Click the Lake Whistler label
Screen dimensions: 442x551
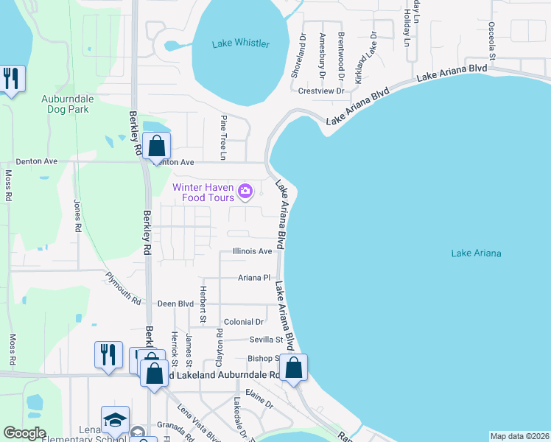pyautogui.click(x=241, y=43)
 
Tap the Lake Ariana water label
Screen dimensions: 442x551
pyautogui.click(x=476, y=253)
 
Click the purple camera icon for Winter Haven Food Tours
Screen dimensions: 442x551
pyautogui.click(x=245, y=192)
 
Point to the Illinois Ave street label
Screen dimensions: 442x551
pyautogui.click(x=253, y=251)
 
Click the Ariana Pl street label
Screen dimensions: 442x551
pyautogui.click(x=254, y=278)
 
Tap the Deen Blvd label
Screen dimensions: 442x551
pyautogui.click(x=175, y=304)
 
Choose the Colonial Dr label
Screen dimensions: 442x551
pyautogui.click(x=244, y=322)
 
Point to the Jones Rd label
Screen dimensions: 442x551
pyautogui.click(x=77, y=216)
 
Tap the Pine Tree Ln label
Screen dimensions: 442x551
pyautogui.click(x=222, y=137)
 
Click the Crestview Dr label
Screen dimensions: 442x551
pyautogui.click(x=322, y=91)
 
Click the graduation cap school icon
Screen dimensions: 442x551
pyautogui.click(x=115, y=419)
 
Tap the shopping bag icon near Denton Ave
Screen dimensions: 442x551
pyautogui.click(x=156, y=145)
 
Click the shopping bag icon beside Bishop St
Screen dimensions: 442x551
pyautogui.click(x=293, y=367)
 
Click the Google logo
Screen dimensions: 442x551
pyautogui.click(x=24, y=433)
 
